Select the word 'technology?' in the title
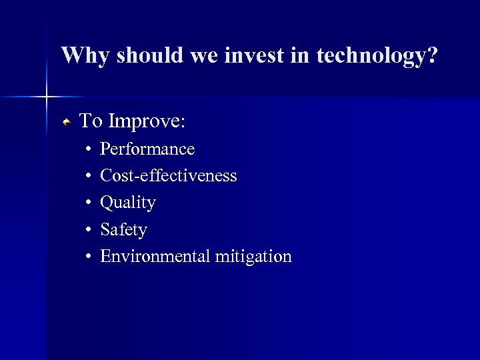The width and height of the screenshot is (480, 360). click(x=377, y=56)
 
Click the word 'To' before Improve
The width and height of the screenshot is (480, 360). click(x=91, y=121)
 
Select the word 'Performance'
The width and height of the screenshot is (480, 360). click(x=147, y=149)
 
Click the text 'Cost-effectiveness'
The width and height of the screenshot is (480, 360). click(x=168, y=175)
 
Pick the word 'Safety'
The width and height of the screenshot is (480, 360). click(x=123, y=230)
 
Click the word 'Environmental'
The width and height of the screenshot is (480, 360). click(x=155, y=257)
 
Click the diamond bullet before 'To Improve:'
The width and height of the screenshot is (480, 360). click(x=67, y=122)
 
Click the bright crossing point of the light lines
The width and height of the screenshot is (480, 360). click(x=47, y=97)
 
